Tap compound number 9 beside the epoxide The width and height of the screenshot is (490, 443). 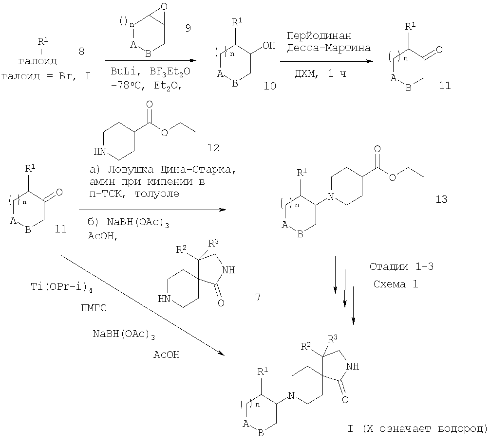click(x=188, y=28)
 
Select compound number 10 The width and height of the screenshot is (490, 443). click(x=269, y=86)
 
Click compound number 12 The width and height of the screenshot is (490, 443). click(x=213, y=147)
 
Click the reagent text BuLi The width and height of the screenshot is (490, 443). click(x=120, y=71)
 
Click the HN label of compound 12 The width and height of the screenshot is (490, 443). click(x=100, y=151)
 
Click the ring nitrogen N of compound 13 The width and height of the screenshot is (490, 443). click(x=331, y=196)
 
